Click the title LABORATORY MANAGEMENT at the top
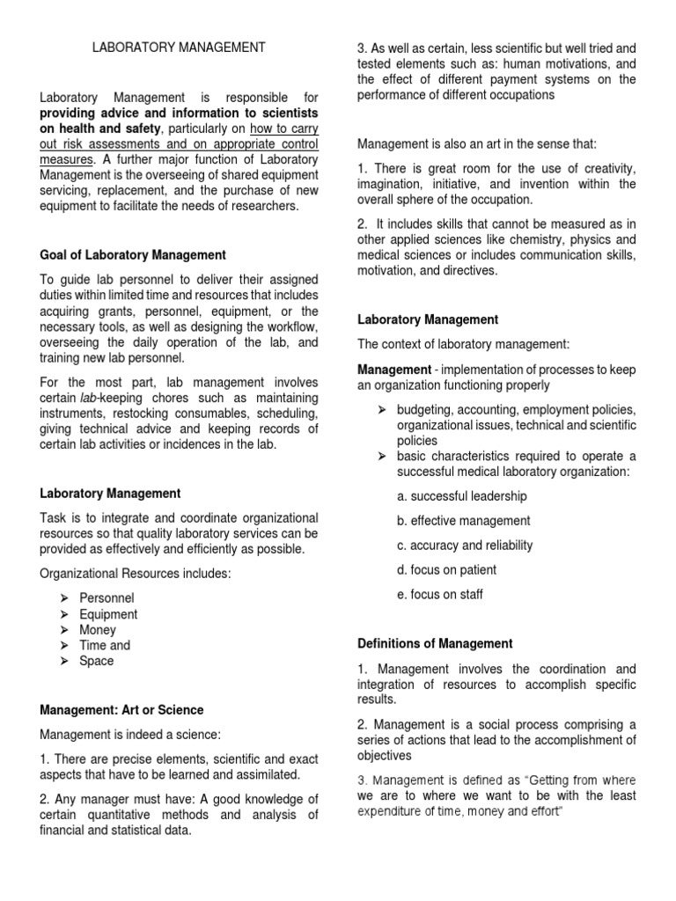click(179, 48)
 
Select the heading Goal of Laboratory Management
click(133, 255)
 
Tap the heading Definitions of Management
click(435, 644)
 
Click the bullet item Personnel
click(107, 598)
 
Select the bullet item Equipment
click(108, 614)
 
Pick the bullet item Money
click(98, 630)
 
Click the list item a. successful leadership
click(462, 496)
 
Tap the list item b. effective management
click(464, 521)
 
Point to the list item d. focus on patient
click(446, 570)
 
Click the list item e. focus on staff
click(439, 595)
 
